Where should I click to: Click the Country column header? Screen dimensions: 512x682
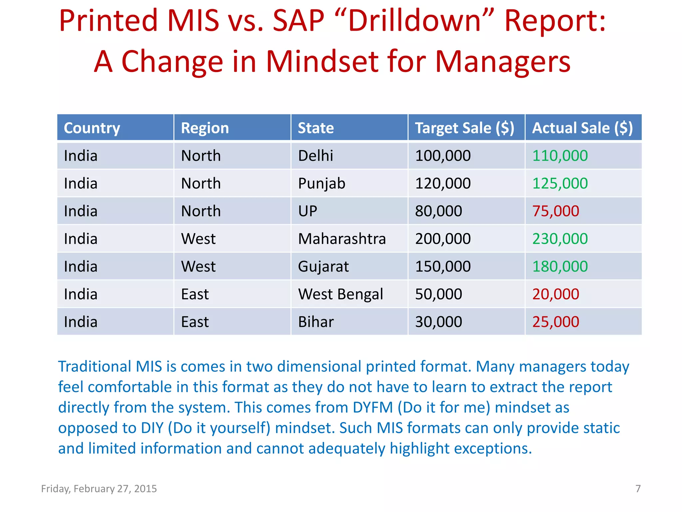click(92, 128)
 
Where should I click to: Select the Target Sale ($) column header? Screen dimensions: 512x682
click(465, 128)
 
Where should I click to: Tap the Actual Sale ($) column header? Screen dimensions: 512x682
click(582, 128)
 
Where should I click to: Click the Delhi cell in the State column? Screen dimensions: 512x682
click(315, 156)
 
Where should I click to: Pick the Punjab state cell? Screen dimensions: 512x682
click(322, 184)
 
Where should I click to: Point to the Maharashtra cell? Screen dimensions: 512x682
click(342, 239)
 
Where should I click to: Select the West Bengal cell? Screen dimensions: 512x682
click(340, 294)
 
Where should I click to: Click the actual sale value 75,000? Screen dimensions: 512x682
click(555, 211)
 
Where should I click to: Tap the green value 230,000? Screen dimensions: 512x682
click(560, 239)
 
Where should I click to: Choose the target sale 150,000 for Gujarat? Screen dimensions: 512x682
click(443, 267)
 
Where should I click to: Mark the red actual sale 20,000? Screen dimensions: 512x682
click(555, 294)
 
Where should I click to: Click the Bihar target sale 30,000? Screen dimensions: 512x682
click(438, 322)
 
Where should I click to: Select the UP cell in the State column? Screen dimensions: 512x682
click(307, 211)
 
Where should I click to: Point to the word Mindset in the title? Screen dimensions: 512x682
click(322, 62)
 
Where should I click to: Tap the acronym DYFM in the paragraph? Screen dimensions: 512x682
click(373, 408)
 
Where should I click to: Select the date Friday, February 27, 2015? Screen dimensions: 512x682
click(99, 489)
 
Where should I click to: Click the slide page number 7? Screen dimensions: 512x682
click(638, 489)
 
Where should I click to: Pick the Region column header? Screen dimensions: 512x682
click(205, 128)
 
